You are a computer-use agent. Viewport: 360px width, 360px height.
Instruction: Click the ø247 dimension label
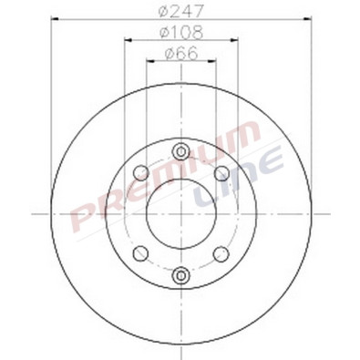click(x=181, y=14)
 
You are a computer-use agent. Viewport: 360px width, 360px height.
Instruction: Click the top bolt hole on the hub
click(x=181, y=150)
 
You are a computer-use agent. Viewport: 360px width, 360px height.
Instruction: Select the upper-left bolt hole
click(x=140, y=173)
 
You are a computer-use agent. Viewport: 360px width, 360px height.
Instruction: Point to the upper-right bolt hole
click(x=221, y=173)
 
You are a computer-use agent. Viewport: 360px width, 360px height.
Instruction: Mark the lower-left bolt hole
click(x=140, y=252)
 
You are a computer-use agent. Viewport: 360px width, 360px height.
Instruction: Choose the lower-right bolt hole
click(x=221, y=252)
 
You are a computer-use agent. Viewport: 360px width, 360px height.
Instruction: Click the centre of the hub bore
click(x=181, y=212)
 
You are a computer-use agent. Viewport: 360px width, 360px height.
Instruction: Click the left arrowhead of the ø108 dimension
click(x=126, y=42)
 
